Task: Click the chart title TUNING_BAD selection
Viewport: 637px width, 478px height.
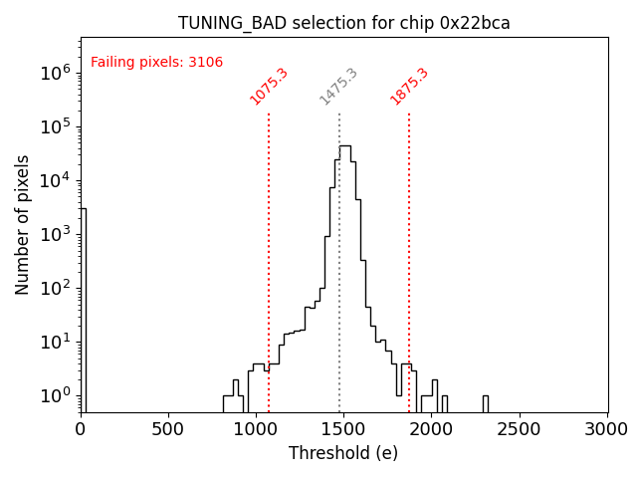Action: click(343, 23)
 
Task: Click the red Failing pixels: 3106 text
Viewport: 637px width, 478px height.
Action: click(156, 63)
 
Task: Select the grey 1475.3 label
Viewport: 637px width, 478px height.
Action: click(338, 87)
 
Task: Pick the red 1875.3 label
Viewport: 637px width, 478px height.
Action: click(409, 87)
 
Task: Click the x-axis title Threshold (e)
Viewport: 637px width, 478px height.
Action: click(343, 453)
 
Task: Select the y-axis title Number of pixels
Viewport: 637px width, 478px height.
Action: click(23, 224)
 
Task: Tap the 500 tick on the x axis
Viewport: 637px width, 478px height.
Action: click(168, 429)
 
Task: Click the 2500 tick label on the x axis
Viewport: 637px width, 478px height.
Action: click(520, 429)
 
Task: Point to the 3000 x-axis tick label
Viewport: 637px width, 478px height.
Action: click(607, 429)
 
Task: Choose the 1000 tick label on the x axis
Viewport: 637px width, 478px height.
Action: click(256, 429)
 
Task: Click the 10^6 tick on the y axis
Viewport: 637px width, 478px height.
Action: click(55, 73)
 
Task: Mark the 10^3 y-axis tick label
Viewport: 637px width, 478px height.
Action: click(55, 234)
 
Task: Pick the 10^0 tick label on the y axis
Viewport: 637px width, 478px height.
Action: click(55, 395)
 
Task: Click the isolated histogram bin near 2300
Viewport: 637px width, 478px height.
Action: click(485, 403)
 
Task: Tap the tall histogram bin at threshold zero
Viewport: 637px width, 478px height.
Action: click(84, 309)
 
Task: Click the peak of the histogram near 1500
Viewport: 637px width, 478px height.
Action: click(344, 146)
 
